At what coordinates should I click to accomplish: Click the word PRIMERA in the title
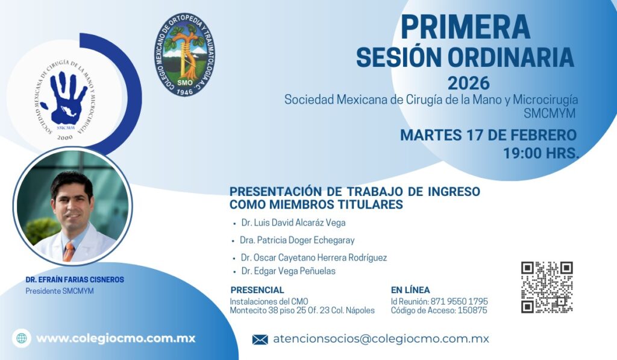pyautogui.click(x=466, y=27)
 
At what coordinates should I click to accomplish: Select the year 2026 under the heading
pyautogui.click(x=469, y=83)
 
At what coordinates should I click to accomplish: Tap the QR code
pyautogui.click(x=547, y=287)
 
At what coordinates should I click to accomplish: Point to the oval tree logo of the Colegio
pyautogui.click(x=184, y=54)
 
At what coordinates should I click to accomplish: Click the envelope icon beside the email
pyautogui.click(x=260, y=339)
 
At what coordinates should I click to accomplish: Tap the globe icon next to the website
pyautogui.click(x=22, y=338)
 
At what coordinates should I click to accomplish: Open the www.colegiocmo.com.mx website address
pyautogui.click(x=116, y=338)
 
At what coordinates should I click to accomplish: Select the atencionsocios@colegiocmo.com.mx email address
pyautogui.click(x=381, y=339)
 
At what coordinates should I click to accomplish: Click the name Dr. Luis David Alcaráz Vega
pyautogui.click(x=293, y=223)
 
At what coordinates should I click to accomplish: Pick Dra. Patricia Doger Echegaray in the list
pyautogui.click(x=298, y=240)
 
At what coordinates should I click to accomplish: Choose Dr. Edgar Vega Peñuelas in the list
pyautogui.click(x=289, y=271)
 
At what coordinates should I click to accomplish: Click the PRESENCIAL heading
pyautogui.click(x=257, y=290)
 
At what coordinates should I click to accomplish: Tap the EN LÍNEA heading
pyautogui.click(x=410, y=290)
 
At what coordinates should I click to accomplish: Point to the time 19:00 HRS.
pyautogui.click(x=541, y=153)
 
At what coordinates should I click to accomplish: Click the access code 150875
pyautogui.click(x=472, y=311)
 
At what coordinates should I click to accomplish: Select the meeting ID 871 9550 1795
pyautogui.click(x=459, y=302)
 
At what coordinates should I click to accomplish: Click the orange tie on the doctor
pyautogui.click(x=69, y=252)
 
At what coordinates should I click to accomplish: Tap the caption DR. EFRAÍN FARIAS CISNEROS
pyautogui.click(x=75, y=280)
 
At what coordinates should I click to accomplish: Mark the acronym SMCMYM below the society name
pyautogui.click(x=550, y=113)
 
